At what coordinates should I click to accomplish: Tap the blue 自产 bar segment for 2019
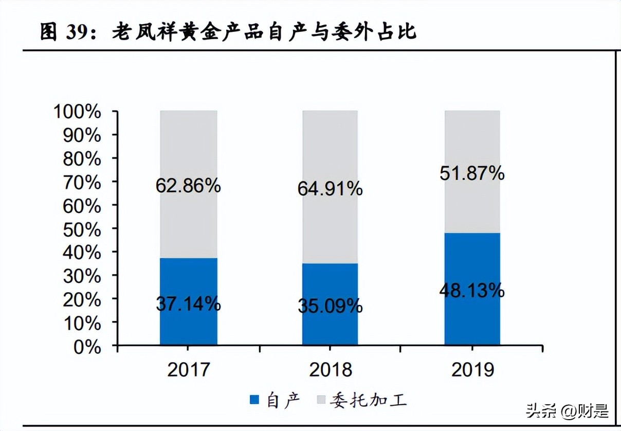pyautogui.click(x=472, y=319)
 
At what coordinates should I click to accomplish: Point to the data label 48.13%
pyautogui.click(x=472, y=291)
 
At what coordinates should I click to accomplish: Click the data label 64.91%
pyautogui.click(x=330, y=189)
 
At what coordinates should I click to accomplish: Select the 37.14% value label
pyautogui.click(x=188, y=304)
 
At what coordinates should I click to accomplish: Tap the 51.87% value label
pyautogui.click(x=472, y=174)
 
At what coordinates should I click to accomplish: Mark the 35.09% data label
pyautogui.click(x=330, y=307)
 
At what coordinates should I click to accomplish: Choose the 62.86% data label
pyautogui.click(x=188, y=186)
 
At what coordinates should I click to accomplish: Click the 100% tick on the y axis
pyautogui.click(x=77, y=112)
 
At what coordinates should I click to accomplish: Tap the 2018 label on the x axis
pyautogui.click(x=330, y=370)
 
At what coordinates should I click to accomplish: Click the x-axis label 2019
pyautogui.click(x=472, y=370)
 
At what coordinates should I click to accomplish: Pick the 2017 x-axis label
pyautogui.click(x=188, y=370)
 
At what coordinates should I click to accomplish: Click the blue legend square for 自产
pyautogui.click(x=254, y=400)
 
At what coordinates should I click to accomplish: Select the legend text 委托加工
pyautogui.click(x=368, y=400)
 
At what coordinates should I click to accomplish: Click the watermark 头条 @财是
pyautogui.click(x=567, y=411)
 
